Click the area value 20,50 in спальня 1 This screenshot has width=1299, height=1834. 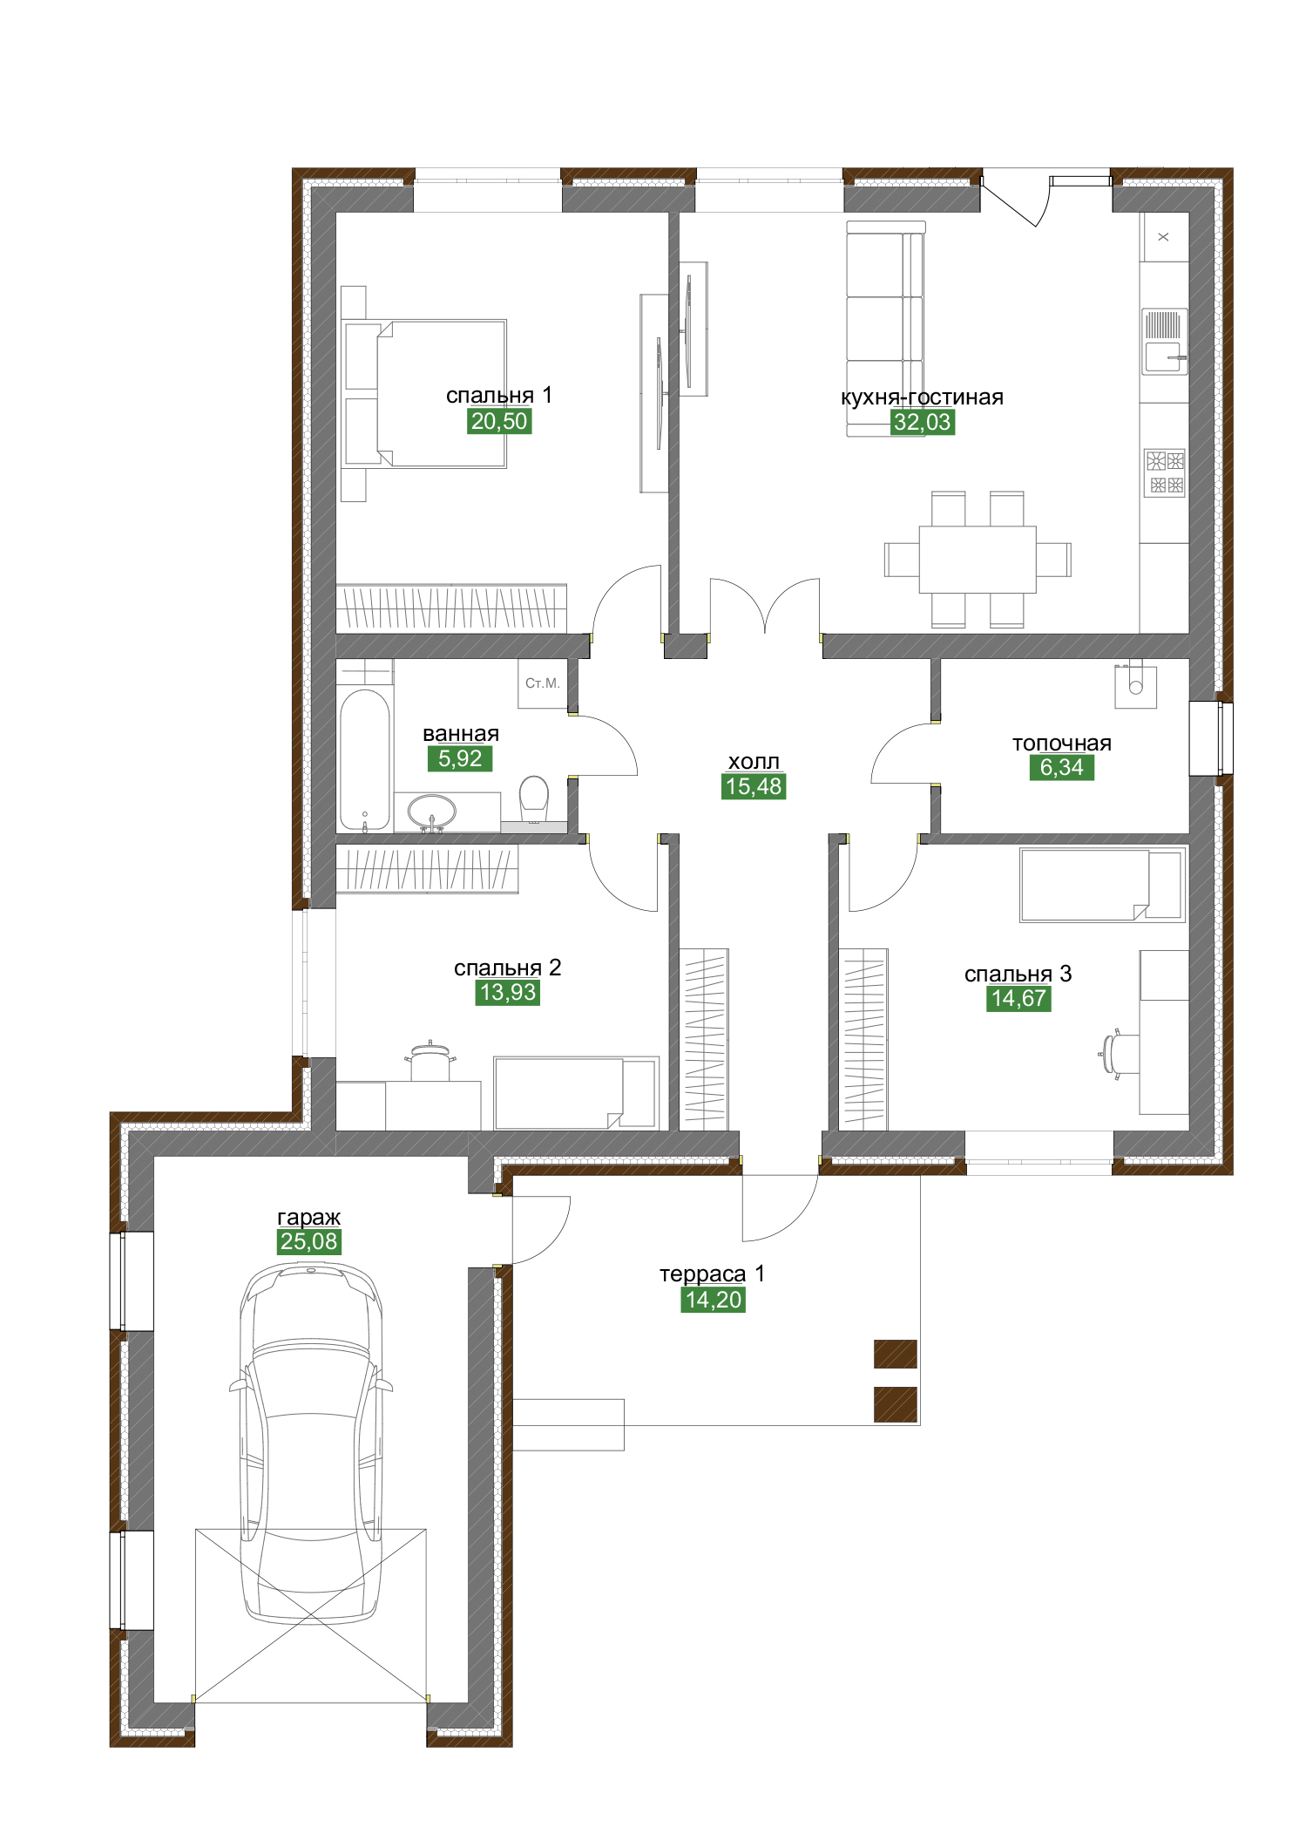tap(499, 421)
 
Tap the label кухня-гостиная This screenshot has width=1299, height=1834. tap(922, 397)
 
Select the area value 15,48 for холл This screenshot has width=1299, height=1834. tap(754, 786)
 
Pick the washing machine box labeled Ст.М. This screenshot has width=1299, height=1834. tap(543, 683)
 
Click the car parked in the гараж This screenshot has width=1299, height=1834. tap(311, 1443)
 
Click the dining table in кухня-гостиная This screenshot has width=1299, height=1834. tap(978, 559)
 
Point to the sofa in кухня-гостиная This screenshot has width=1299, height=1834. tap(885, 329)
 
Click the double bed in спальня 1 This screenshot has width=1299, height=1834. tap(426, 393)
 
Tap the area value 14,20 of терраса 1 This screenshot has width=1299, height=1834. tap(714, 1300)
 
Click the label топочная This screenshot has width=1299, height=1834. tap(1062, 744)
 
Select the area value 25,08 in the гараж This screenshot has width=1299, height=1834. tap(309, 1241)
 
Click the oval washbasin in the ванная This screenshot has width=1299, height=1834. tap(431, 812)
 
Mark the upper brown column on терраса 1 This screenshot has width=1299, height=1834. tap(896, 1354)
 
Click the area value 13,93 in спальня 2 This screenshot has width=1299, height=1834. tap(508, 992)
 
